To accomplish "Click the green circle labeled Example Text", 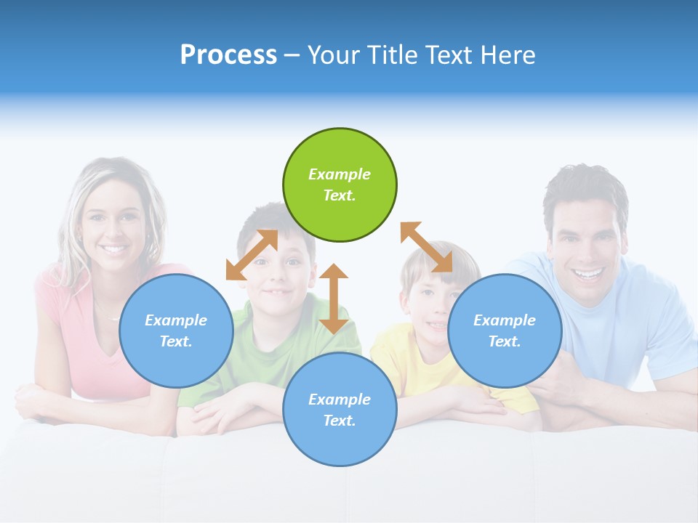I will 340,185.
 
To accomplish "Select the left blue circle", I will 176,331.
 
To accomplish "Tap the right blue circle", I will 505,331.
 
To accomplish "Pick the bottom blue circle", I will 340,410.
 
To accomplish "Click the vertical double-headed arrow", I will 334,299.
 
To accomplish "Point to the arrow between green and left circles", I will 252,255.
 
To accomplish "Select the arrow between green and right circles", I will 427,247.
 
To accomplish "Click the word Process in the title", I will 228,54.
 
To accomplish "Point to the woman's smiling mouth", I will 113,249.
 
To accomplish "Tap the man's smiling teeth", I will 589,275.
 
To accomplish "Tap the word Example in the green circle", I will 340,174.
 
